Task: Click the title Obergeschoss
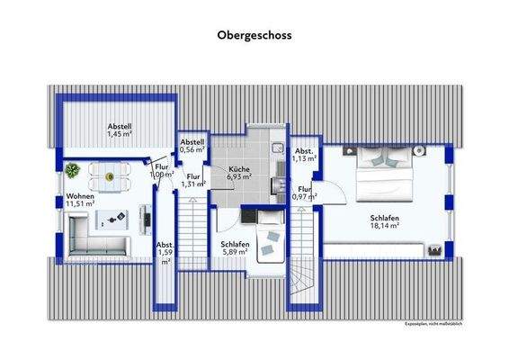(x=254, y=38)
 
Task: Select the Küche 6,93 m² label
(x=238, y=174)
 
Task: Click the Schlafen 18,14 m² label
(x=384, y=222)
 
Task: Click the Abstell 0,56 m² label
(x=192, y=146)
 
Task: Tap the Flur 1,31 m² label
(x=192, y=180)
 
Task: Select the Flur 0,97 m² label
(x=305, y=193)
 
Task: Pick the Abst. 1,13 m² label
(x=305, y=155)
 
